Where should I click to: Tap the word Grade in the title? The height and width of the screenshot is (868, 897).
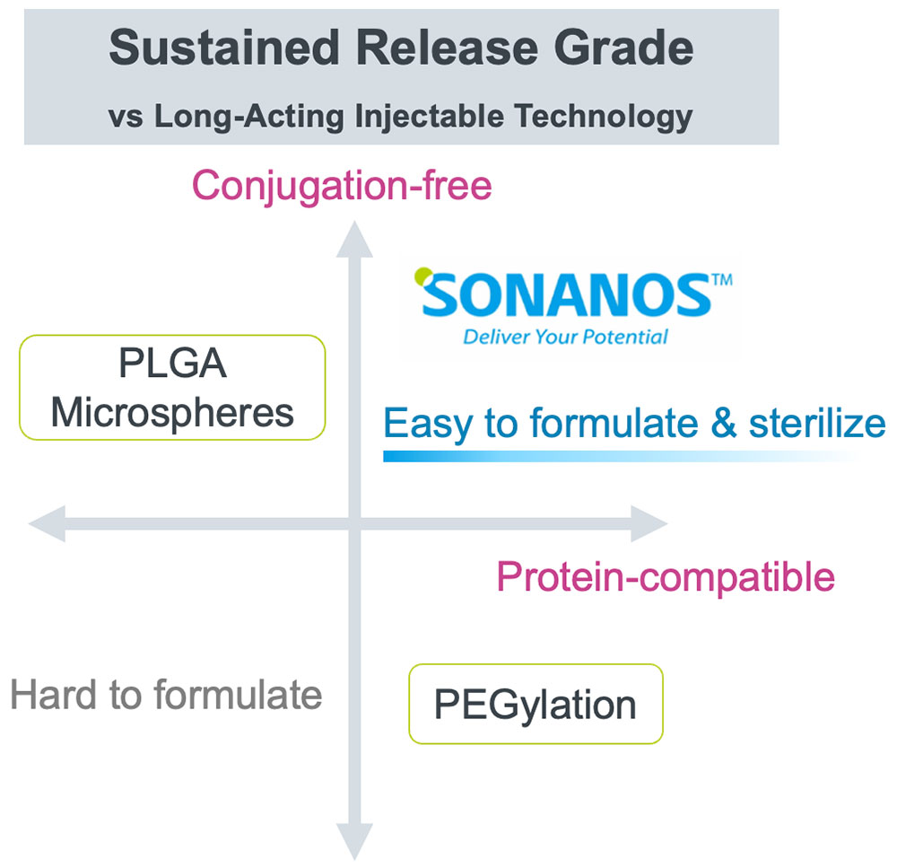pyautogui.click(x=623, y=48)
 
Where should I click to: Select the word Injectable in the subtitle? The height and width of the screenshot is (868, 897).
pyautogui.click(x=430, y=117)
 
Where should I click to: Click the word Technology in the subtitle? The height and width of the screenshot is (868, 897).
pyautogui.click(x=604, y=117)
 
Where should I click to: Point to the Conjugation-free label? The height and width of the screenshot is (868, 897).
pyautogui.click(x=342, y=187)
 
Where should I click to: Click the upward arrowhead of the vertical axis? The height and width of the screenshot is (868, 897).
pyautogui.click(x=354, y=240)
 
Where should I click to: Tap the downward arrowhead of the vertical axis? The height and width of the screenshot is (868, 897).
pyautogui.click(x=354, y=842)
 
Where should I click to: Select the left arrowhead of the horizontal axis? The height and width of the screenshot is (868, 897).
pyautogui.click(x=47, y=523)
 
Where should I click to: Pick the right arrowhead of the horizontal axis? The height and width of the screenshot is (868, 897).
pyautogui.click(x=649, y=523)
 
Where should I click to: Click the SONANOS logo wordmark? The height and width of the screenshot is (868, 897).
pyautogui.click(x=566, y=294)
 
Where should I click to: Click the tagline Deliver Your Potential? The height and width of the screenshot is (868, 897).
pyautogui.click(x=565, y=337)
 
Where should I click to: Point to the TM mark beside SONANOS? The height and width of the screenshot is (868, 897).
pyautogui.click(x=722, y=279)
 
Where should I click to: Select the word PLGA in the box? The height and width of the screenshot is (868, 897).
pyautogui.click(x=173, y=363)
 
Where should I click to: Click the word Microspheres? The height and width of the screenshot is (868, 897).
pyautogui.click(x=172, y=412)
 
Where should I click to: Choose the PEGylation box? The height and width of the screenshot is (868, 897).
pyautogui.click(x=536, y=705)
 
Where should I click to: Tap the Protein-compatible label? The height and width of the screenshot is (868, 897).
pyautogui.click(x=666, y=576)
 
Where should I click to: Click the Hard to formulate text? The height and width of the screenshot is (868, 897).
pyautogui.click(x=166, y=695)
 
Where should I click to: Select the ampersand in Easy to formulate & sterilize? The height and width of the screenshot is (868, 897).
pyautogui.click(x=724, y=424)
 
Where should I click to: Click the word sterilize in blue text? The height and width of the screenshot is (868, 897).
pyautogui.click(x=817, y=423)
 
